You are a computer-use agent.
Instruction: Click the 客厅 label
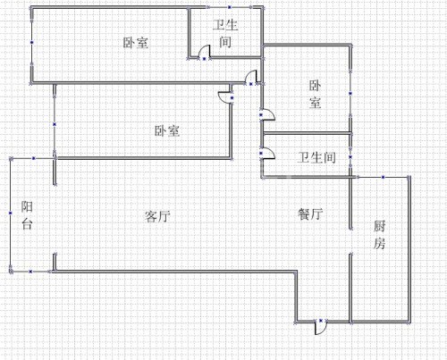[x=157, y=216]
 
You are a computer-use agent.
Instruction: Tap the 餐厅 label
[x=310, y=213]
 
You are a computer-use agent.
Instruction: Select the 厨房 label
[x=379, y=235]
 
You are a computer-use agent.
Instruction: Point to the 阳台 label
[x=27, y=215]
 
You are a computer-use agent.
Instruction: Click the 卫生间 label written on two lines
[x=225, y=33]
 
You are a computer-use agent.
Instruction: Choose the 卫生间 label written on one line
[x=316, y=157]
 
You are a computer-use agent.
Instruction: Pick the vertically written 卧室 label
[x=315, y=94]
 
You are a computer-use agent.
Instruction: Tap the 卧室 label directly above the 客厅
[x=167, y=130]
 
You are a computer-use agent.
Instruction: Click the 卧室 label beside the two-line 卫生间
[x=136, y=43]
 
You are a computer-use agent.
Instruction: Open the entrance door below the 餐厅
[x=321, y=327]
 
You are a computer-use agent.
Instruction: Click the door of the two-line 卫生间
[x=205, y=52]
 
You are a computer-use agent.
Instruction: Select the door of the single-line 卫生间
[x=267, y=154]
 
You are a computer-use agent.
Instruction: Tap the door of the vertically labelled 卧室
[x=267, y=114]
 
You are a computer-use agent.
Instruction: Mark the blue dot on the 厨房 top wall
[x=384, y=177]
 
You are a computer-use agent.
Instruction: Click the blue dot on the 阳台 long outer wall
[x=11, y=213]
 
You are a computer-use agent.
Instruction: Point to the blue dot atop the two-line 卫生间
[x=230, y=7]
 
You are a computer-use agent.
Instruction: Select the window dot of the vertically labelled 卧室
[x=350, y=94]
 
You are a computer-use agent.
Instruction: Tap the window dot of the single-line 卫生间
[x=350, y=157]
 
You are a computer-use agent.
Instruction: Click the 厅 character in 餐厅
[x=316, y=213]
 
